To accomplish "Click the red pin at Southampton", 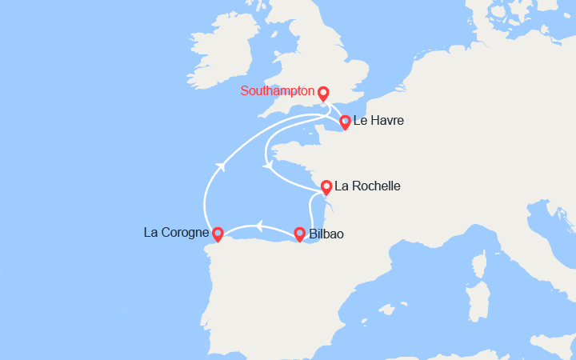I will click(x=323, y=93).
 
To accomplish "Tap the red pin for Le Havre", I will click(x=345, y=122).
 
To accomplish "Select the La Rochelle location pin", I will click(x=326, y=188).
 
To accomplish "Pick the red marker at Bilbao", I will click(x=299, y=234).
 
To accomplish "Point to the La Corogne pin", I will click(x=218, y=234).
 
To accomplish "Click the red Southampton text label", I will click(x=277, y=91).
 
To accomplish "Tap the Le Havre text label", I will click(x=378, y=121).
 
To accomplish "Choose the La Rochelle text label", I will click(x=366, y=186).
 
